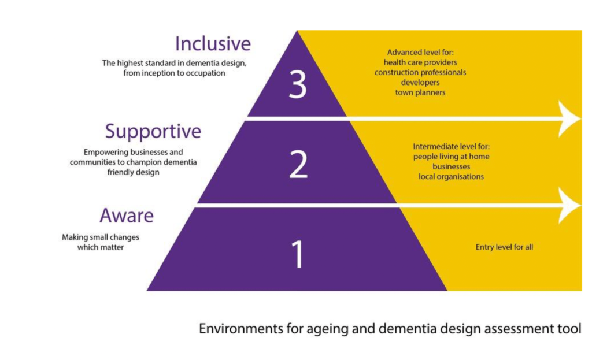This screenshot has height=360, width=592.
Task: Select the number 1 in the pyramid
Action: pos(297,254)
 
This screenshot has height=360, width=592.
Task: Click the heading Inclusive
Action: pos(213,44)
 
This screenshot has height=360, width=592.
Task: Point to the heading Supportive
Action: pos(153,132)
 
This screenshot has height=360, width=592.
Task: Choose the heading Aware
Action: pos(127,216)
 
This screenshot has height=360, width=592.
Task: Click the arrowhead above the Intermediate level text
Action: pos(569,119)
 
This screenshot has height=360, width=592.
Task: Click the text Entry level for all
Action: pos(504,247)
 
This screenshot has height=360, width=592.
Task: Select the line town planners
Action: pos(420,92)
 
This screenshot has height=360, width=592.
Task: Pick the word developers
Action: pos(420,83)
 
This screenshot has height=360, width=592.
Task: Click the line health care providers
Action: pos(420,62)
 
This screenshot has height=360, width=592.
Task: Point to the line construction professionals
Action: pos(420,73)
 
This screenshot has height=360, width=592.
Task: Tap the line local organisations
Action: pos(452,176)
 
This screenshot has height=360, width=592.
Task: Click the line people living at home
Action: pos(452,157)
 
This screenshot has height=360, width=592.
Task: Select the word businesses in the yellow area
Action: pos(452,166)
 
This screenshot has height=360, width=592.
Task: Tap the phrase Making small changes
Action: pos(101,237)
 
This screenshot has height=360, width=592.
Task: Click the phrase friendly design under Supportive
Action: pos(133,172)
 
